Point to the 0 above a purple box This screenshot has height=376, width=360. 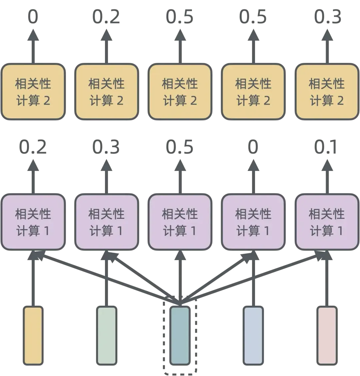[253, 147]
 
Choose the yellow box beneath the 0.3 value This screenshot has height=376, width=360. [327, 92]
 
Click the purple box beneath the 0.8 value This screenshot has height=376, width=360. [106, 222]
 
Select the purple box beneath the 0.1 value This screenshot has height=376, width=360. [327, 222]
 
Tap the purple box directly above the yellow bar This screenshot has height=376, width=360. [33, 222]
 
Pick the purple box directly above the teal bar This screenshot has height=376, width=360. [180, 222]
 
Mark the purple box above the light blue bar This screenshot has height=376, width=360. [253, 222]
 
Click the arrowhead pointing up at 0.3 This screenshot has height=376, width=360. [327, 34]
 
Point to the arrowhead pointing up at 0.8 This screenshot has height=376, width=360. [106, 164]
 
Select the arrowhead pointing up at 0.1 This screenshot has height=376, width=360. [327, 164]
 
